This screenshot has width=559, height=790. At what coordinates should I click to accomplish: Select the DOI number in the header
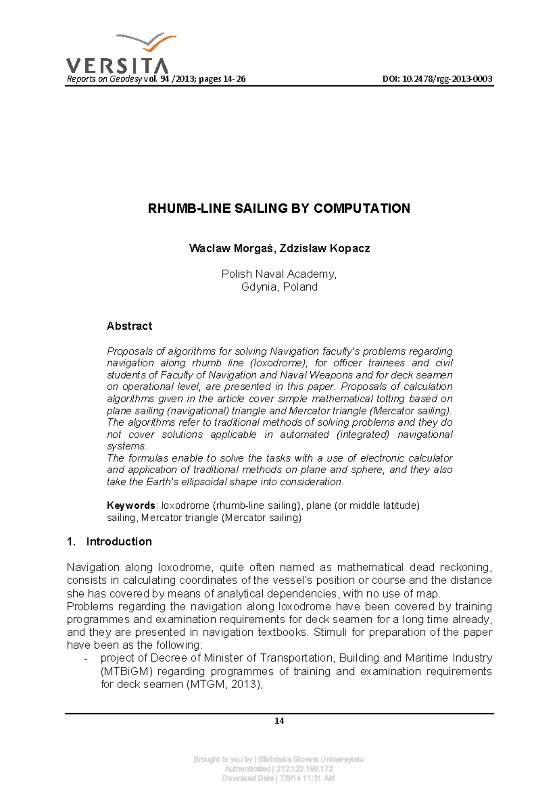coord(437,79)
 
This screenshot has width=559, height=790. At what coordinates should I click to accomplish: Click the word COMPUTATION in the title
coord(362,208)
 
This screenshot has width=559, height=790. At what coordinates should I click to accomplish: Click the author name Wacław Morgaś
coord(230,248)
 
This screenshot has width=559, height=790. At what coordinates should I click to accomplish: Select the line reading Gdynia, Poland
coord(279,287)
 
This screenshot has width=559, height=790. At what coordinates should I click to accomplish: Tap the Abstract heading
coord(129,326)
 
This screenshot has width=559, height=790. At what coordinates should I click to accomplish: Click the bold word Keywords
coord(130,505)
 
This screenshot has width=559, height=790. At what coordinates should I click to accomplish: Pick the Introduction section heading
coord(119,542)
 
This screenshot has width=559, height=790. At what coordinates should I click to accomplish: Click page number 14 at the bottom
coord(279,721)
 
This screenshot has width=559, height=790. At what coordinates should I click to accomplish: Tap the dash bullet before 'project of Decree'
coord(86,659)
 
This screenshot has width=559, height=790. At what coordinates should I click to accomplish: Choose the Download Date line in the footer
coord(279,778)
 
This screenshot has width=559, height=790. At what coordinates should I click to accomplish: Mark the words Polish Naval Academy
coord(278,274)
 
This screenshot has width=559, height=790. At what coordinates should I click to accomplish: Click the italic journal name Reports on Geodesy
coord(104,79)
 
